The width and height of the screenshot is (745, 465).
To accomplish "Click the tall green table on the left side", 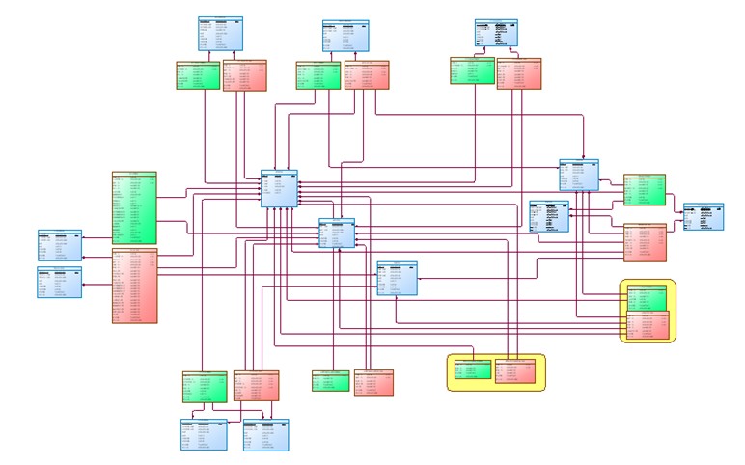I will [x=134, y=208].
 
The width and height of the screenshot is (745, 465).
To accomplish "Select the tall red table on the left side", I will [x=134, y=286].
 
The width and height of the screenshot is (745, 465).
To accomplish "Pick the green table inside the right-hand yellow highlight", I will [x=647, y=297].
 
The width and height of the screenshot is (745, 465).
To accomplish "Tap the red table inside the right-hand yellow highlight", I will [x=647, y=327].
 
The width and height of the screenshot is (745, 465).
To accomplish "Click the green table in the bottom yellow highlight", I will [x=472, y=371].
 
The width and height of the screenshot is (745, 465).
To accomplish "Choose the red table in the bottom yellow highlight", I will [x=518, y=371].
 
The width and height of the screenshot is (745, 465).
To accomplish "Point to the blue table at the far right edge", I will [x=703, y=216].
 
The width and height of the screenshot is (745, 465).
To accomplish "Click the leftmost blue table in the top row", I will [x=220, y=34].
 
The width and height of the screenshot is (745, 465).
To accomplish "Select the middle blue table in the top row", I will [x=346, y=36].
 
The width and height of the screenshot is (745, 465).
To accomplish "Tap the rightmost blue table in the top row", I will [x=497, y=33].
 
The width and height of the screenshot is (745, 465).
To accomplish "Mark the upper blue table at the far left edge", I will [x=59, y=246].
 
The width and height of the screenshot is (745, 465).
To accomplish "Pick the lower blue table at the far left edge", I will [x=59, y=282].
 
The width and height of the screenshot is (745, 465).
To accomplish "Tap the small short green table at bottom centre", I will [x=330, y=380].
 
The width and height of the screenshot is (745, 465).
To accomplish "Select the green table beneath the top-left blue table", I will [x=198, y=76].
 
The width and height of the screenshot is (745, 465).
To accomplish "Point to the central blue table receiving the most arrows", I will [x=279, y=188].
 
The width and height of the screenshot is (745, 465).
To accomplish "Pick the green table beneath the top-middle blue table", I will [x=317, y=76].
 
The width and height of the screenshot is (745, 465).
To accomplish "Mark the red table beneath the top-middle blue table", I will [x=366, y=76].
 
